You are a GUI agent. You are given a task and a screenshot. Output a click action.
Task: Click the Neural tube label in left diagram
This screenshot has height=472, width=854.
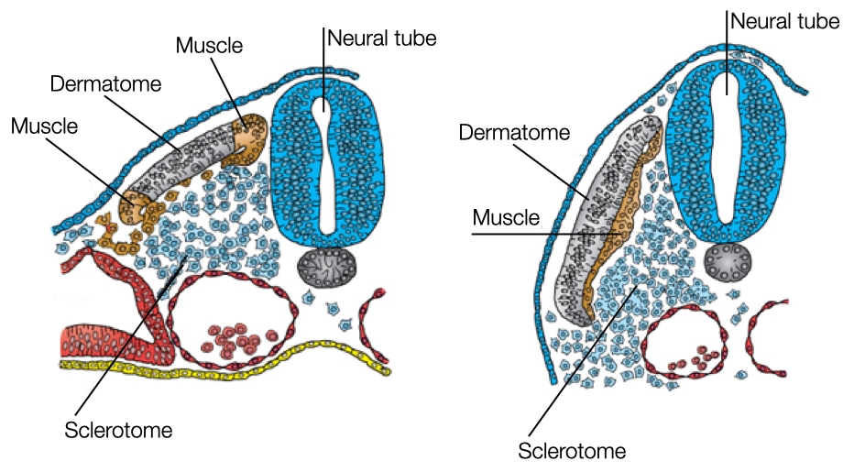[x=382, y=38]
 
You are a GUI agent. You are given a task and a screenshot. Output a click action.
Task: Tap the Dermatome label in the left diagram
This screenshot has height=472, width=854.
[x=104, y=84]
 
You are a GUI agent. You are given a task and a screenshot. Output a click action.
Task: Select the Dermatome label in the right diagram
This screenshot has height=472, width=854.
[x=515, y=133]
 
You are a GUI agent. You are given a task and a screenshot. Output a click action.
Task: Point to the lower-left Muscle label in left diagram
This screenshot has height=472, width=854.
[x=45, y=125]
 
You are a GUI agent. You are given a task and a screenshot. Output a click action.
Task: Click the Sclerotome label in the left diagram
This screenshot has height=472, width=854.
[x=118, y=428]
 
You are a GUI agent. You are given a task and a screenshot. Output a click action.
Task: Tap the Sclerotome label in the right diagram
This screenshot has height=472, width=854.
[x=572, y=451]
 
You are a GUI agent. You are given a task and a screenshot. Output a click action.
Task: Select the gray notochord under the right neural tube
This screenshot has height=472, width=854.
[x=728, y=262]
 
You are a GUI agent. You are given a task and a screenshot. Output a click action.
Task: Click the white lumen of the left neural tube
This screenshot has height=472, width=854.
[x=323, y=165]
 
